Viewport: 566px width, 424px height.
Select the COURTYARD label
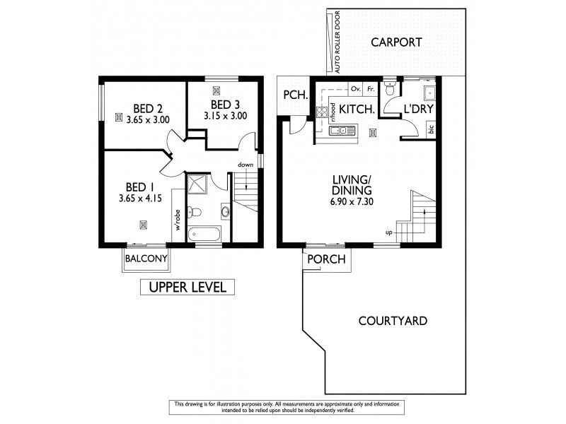pyautogui.click(x=392, y=321)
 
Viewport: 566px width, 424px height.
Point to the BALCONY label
pyautogui.click(x=146, y=259)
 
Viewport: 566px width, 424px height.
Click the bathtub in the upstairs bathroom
pyautogui.click(x=204, y=231)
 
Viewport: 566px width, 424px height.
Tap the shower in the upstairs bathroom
pyautogui.click(x=199, y=184)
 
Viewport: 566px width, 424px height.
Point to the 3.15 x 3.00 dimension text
pyautogui.click(x=225, y=117)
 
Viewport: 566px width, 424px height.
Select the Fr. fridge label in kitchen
pyautogui.click(x=369, y=90)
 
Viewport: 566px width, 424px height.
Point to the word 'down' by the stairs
pyautogui.click(x=245, y=165)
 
